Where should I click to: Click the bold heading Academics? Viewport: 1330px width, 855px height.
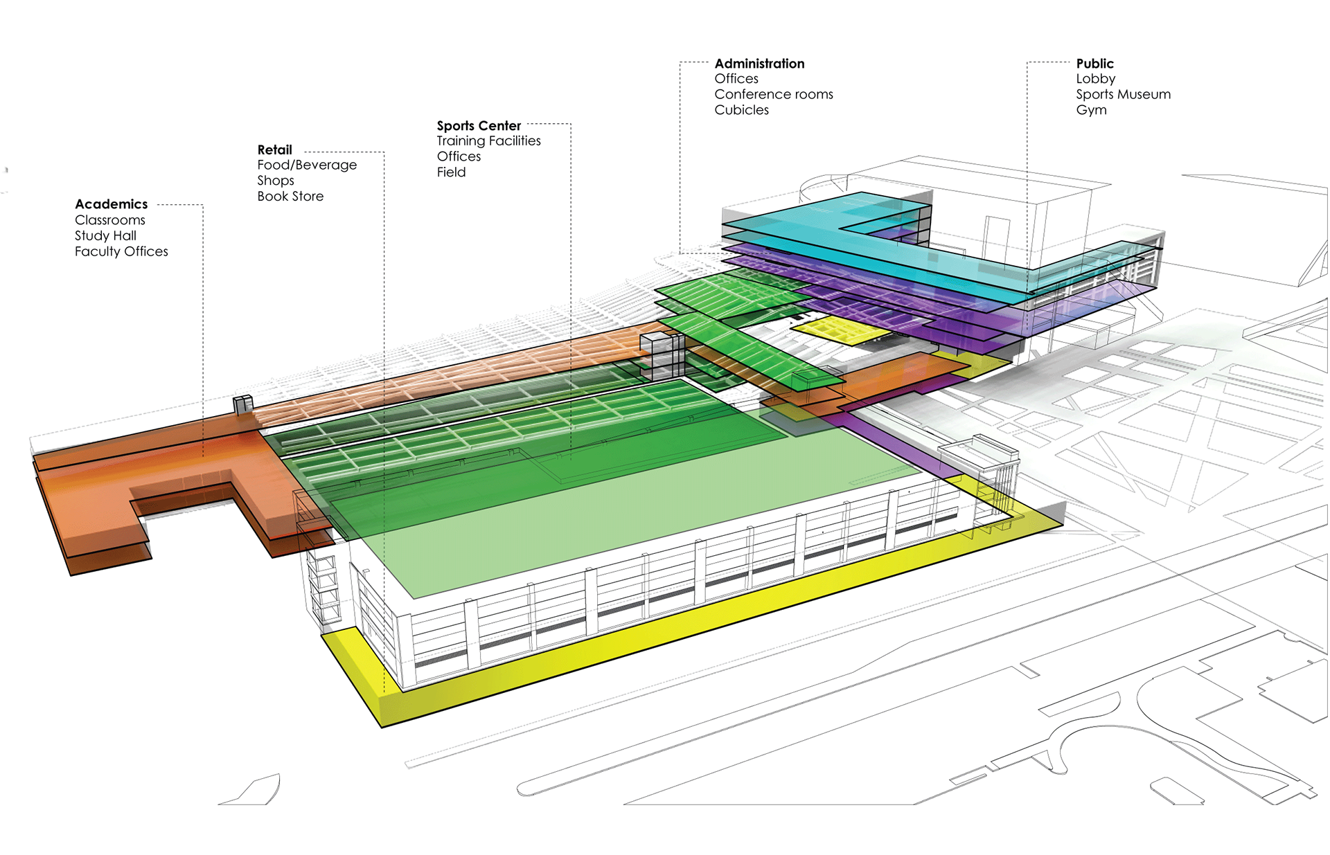click(x=111, y=204)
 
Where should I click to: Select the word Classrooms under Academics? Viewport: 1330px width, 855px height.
click(x=110, y=220)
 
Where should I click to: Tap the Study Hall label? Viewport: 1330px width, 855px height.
click(x=105, y=235)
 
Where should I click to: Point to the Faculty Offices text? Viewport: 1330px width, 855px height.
click(x=121, y=251)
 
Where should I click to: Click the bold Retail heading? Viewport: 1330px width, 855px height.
click(x=274, y=150)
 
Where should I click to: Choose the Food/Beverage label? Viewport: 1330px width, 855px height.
click(x=307, y=165)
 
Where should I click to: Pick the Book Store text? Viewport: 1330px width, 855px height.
click(x=290, y=196)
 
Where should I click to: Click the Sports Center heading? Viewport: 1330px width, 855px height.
click(x=479, y=125)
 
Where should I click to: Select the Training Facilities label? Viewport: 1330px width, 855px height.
click(x=488, y=141)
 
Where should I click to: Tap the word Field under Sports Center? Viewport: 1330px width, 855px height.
click(x=451, y=172)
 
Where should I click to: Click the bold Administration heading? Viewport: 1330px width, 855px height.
click(x=759, y=64)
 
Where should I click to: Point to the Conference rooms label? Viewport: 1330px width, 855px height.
click(x=774, y=94)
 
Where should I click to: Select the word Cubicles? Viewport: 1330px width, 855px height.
click(x=741, y=110)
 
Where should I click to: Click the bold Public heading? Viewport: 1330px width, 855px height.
click(x=1094, y=64)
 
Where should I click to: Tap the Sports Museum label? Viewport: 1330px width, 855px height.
click(x=1123, y=94)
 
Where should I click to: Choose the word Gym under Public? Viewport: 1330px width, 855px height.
click(x=1091, y=110)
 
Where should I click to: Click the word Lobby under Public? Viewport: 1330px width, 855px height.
click(x=1095, y=79)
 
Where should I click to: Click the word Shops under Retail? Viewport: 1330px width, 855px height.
click(x=276, y=181)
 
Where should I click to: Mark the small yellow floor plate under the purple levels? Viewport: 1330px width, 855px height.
click(x=842, y=331)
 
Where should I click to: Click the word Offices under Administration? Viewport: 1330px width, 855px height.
click(x=736, y=79)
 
